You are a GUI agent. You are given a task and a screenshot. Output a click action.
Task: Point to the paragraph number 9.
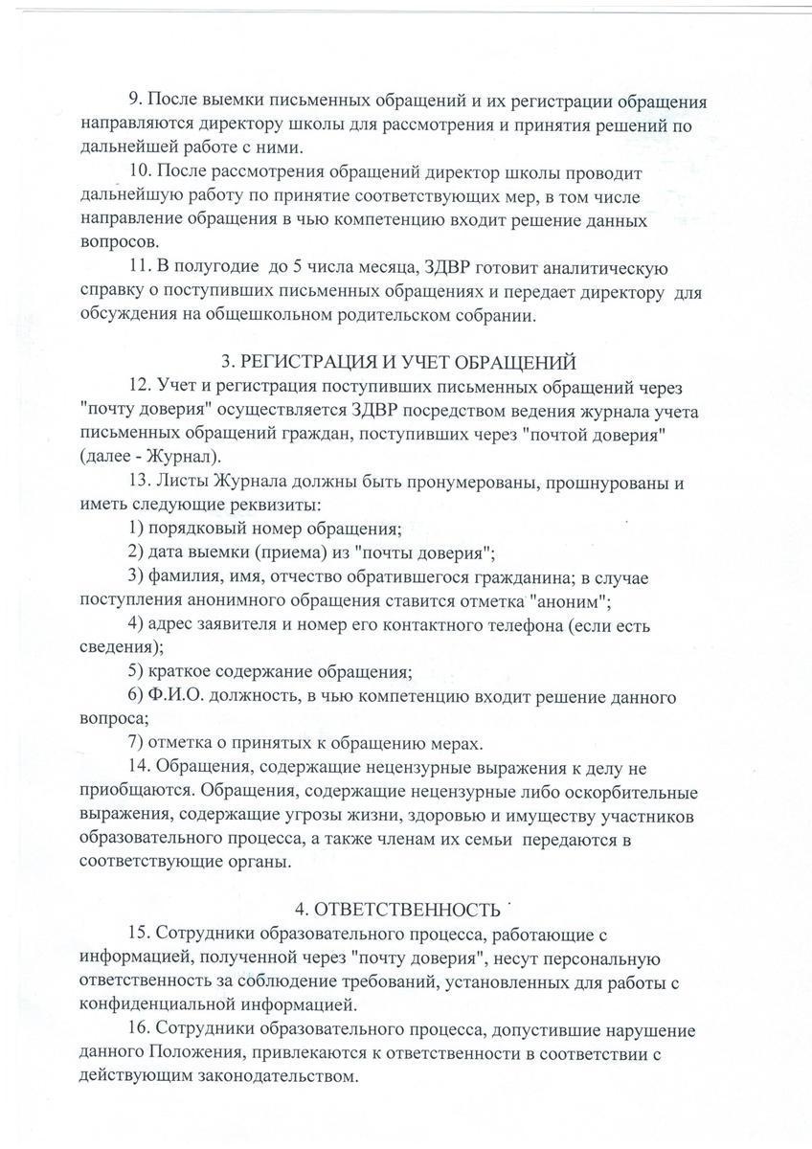134,101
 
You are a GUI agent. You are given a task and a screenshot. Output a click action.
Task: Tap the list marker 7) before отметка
135,744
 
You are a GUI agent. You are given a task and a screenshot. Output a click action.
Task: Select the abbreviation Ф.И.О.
171,697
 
